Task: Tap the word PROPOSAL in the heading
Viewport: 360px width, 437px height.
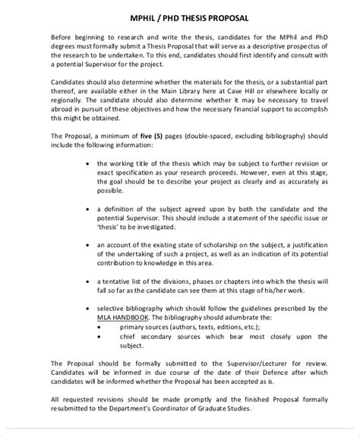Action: [230, 17]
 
